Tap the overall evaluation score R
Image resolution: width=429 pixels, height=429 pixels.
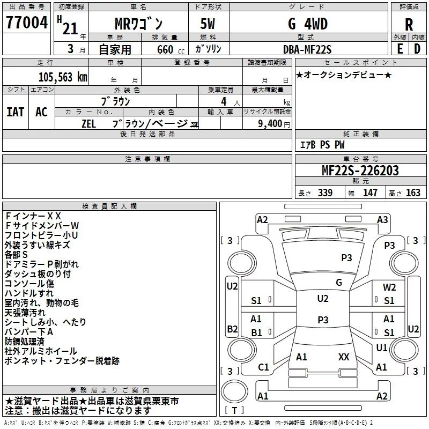coord(409,24)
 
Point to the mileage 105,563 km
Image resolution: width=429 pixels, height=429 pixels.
coord(63,77)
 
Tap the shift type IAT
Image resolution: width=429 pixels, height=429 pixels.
coord(15,112)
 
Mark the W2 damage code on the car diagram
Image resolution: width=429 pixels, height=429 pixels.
coord(389,287)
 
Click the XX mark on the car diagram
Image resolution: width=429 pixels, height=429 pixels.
coord(344,357)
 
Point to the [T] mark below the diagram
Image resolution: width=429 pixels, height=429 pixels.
coord(234,411)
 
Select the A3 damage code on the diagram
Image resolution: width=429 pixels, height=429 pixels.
coord(382,219)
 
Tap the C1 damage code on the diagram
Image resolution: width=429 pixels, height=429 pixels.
coord(263,367)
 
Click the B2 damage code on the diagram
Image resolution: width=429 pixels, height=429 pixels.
coord(232,328)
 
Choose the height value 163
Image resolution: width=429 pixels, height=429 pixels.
coord(413,193)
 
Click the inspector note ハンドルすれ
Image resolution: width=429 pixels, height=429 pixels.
coord(29,293)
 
